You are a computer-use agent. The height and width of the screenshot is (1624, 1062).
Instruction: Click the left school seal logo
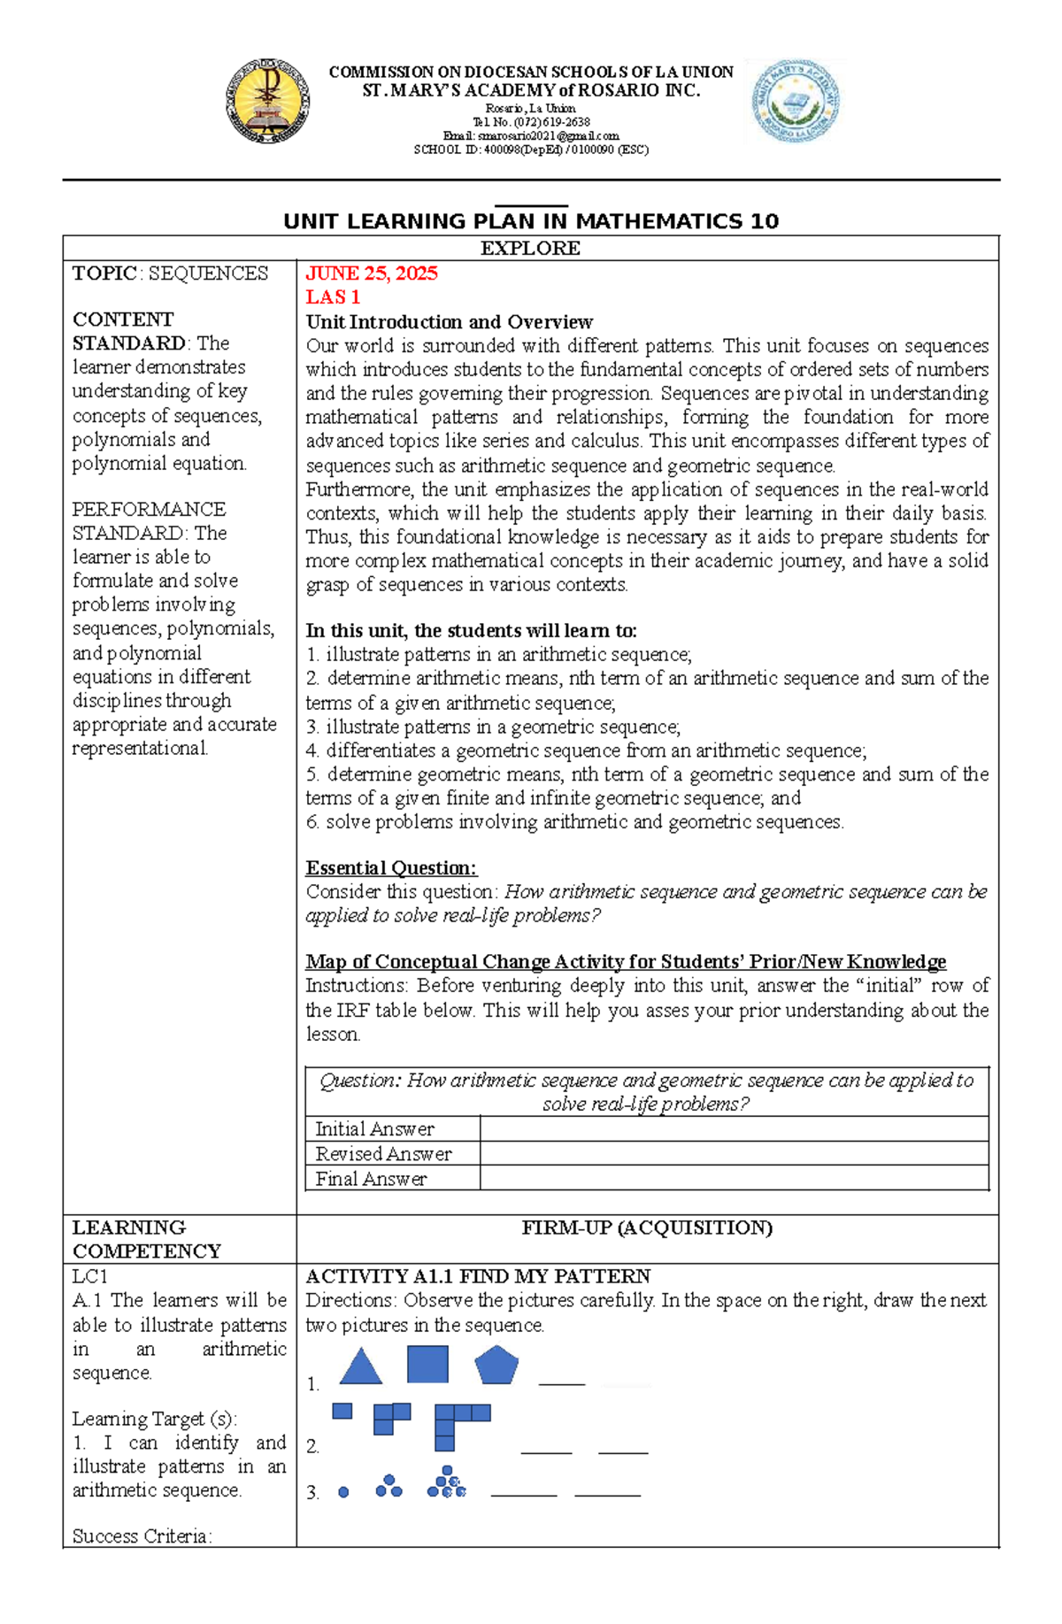point(267,102)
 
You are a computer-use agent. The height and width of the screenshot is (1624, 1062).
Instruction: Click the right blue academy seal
point(796,102)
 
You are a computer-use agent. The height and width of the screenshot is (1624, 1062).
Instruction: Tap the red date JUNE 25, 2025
point(372,273)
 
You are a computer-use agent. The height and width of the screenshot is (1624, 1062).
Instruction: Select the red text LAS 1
point(333,297)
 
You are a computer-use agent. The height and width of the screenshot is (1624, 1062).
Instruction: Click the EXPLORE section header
point(530,249)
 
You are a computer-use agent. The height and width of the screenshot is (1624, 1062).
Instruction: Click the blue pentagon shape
point(496,1366)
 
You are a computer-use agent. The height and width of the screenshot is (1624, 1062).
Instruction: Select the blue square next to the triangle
point(427,1364)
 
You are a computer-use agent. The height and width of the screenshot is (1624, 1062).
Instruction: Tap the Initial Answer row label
point(374,1129)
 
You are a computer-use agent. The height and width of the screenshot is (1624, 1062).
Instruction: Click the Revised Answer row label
point(383,1154)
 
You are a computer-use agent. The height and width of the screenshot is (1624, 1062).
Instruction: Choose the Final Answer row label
point(371,1179)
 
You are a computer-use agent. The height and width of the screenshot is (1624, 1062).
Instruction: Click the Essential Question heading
point(391,868)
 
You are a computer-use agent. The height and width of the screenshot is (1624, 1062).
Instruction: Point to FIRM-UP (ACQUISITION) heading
point(647,1228)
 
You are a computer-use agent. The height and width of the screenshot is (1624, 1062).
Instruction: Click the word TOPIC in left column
point(104,273)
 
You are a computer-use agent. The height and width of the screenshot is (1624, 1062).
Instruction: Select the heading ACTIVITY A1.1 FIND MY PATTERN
point(478,1276)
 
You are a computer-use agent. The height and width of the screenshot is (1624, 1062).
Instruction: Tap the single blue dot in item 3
point(343,1492)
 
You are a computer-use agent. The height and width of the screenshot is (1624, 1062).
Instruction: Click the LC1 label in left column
point(89,1276)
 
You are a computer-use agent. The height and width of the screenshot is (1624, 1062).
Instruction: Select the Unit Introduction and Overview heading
point(449,322)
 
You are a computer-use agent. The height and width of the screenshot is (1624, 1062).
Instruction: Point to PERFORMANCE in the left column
point(149,510)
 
